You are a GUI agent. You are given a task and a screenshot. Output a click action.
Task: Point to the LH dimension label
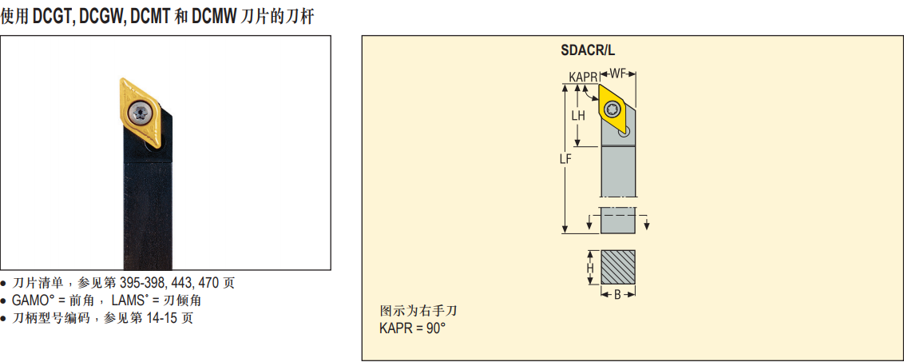578,115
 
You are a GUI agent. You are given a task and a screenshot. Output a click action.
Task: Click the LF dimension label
565,160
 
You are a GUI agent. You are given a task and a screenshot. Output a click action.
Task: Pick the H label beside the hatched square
590,268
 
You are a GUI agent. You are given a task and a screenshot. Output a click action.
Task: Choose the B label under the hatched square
617,295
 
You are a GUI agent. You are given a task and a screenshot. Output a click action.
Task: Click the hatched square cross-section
618,267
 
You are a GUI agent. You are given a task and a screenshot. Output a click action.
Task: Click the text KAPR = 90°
412,328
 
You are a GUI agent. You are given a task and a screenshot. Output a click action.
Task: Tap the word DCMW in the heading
214,18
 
